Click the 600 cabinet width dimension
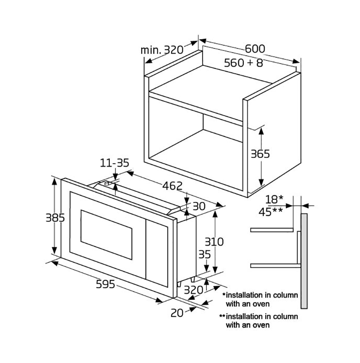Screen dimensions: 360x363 (x=255, y=49)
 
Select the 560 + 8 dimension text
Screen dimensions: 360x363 (x=243, y=63)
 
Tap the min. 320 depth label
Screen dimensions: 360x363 (x=162, y=50)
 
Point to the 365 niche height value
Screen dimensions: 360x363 (x=261, y=154)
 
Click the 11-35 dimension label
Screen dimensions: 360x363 (x=114, y=163)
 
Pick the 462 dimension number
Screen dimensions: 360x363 (x=172, y=186)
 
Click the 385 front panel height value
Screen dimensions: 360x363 (x=55, y=218)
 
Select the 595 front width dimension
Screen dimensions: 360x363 (x=105, y=284)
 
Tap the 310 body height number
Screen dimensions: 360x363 (x=214, y=242)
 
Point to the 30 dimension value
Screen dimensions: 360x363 (x=199, y=206)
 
